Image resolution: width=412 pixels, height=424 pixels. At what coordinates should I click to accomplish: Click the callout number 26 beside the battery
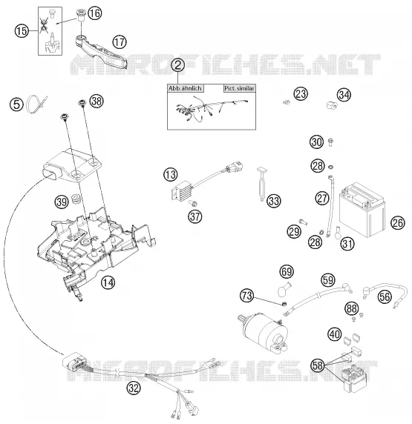click(398, 223)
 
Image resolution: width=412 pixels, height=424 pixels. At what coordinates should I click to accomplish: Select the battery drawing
click(362, 210)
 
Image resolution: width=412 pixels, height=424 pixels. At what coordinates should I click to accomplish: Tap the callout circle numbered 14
click(108, 283)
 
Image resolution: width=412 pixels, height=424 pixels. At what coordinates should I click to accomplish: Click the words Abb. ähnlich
click(185, 88)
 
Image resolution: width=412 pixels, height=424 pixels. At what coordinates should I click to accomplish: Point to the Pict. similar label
click(240, 88)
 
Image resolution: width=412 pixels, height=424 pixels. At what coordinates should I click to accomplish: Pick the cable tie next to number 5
click(36, 104)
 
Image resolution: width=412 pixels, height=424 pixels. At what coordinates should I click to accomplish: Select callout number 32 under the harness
click(134, 388)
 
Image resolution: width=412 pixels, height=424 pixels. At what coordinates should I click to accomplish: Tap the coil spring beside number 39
click(76, 199)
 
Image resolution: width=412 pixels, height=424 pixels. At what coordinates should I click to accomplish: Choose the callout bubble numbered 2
click(178, 65)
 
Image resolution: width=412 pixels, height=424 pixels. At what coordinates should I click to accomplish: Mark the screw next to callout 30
click(330, 142)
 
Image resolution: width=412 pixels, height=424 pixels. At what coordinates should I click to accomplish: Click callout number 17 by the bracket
click(120, 42)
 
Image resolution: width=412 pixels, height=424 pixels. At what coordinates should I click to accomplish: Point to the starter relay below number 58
click(355, 378)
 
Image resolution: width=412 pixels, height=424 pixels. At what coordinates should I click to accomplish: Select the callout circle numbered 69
click(287, 271)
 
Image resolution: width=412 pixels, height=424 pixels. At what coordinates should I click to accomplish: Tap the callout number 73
click(246, 296)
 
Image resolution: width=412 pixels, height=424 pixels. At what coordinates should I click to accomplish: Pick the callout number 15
click(22, 31)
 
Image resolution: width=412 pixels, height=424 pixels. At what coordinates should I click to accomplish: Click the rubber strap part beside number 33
click(262, 184)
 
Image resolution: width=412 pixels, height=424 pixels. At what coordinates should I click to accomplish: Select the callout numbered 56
click(385, 297)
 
